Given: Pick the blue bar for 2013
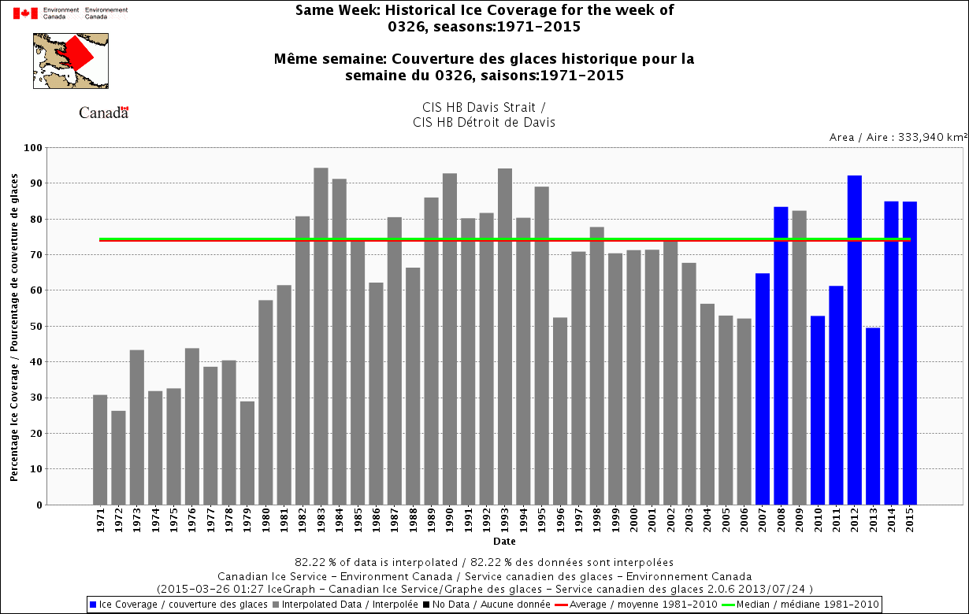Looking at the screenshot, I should tap(873, 416).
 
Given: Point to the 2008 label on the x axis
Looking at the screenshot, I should tap(781, 522).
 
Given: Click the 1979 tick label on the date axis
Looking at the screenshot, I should tap(247, 522).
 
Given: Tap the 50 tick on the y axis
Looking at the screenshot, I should tap(35, 327).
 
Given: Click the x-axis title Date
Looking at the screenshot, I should tap(504, 542).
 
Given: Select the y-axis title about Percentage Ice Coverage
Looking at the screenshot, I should tap(14, 326).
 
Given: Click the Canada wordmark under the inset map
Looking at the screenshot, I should tap(103, 113).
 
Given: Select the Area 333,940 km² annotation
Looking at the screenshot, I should tap(897, 137).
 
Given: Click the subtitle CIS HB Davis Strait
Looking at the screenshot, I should tap(484, 107).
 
